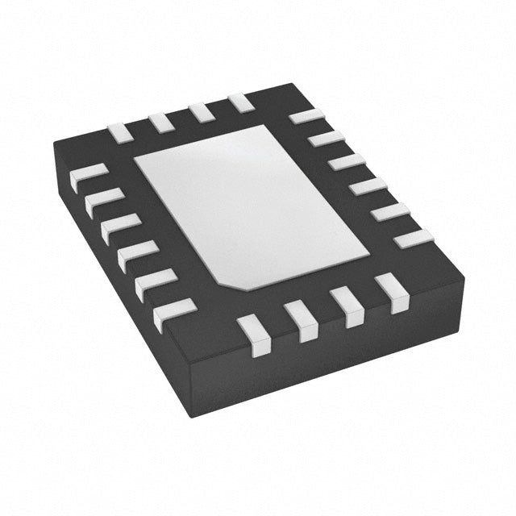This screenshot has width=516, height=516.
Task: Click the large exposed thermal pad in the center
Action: coord(250,206)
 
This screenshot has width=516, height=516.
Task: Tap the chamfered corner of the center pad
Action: coord(232,281)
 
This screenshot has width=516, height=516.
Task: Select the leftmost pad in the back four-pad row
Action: coord(120,132)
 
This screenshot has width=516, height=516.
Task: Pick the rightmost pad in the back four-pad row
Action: coord(240,103)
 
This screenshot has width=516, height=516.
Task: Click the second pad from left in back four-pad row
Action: coord(160,123)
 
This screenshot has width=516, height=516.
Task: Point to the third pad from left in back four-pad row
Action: coord(201,113)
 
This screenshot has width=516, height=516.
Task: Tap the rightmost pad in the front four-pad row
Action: coord(392,292)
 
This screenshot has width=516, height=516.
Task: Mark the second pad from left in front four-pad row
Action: coord(302,321)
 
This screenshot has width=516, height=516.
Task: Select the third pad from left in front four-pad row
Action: coord(347,306)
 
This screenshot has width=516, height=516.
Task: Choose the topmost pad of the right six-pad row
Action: coord(306,116)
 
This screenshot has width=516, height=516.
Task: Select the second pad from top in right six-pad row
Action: coord(327,139)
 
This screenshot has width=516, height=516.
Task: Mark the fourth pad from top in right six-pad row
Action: coord(368,187)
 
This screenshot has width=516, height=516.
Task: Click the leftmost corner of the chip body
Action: coord(55,145)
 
